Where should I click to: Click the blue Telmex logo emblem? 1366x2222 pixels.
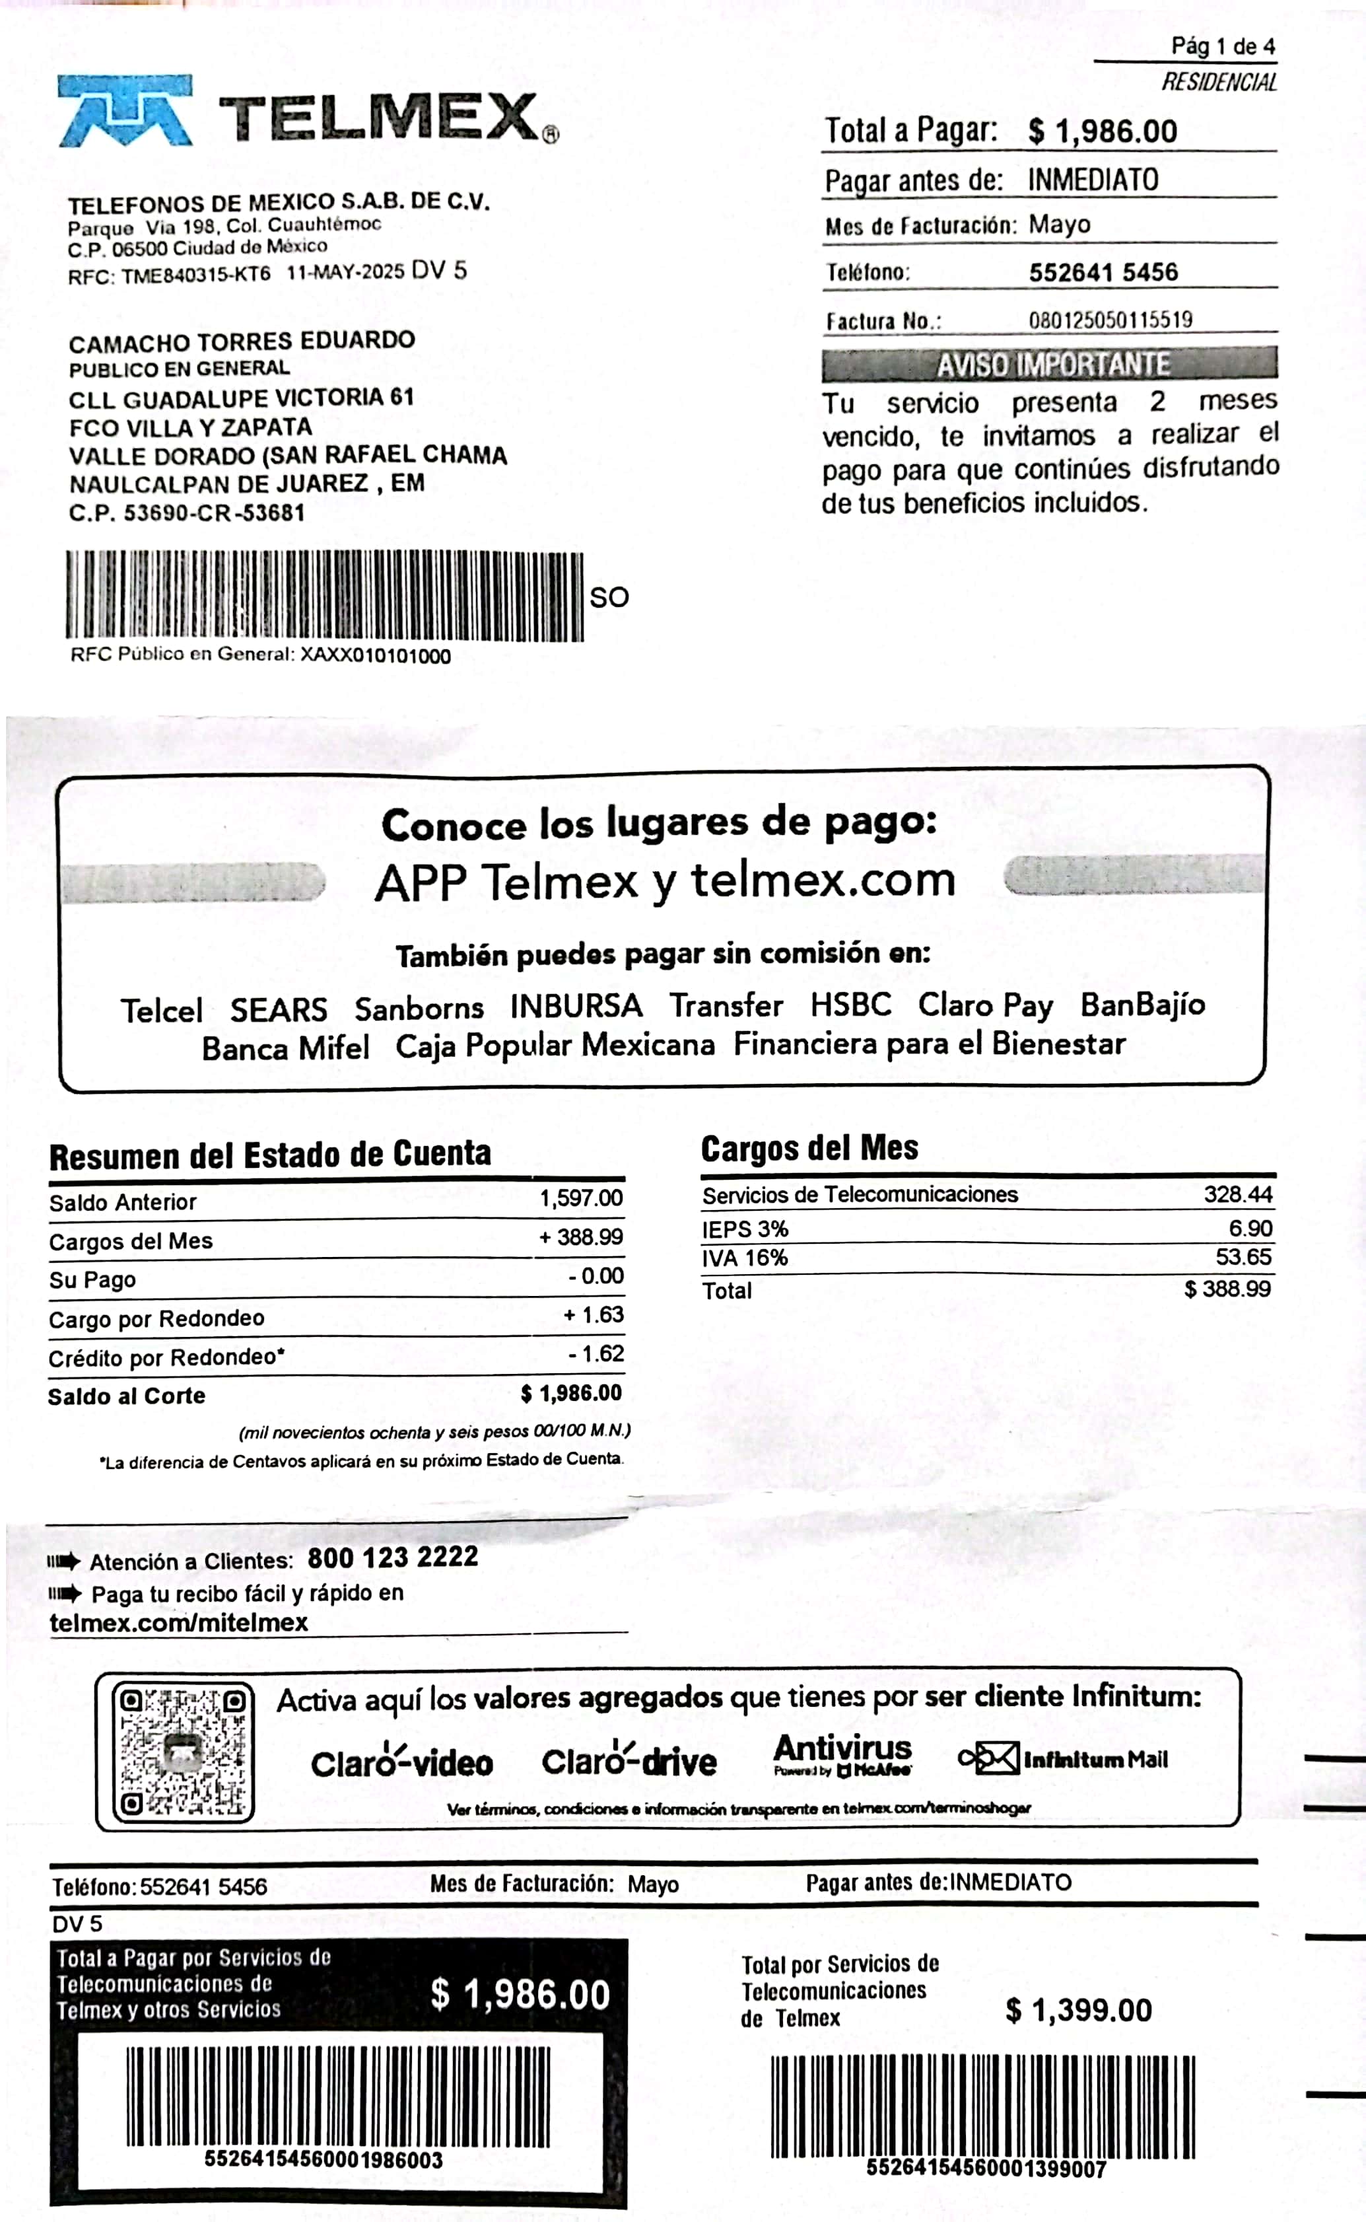(125, 111)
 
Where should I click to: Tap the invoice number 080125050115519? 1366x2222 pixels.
(1110, 320)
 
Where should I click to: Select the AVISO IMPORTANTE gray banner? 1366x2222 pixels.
(1049, 364)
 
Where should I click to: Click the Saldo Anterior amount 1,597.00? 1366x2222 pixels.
(581, 1198)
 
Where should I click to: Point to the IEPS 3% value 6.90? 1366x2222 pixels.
(1250, 1228)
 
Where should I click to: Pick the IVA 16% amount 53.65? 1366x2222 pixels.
(1243, 1257)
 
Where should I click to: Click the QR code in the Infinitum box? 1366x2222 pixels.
(182, 1753)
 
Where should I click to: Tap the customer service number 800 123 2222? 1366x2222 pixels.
(392, 1557)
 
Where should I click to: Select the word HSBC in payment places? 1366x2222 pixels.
(850, 1005)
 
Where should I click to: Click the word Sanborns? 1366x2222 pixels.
(419, 1007)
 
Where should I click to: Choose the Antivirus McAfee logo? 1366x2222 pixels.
(842, 1754)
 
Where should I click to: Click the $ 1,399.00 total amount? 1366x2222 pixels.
(1079, 2011)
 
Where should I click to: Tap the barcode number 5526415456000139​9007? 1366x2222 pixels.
(986, 2168)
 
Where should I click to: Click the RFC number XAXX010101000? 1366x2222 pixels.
(375, 656)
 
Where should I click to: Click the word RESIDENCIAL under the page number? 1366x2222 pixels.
(1219, 82)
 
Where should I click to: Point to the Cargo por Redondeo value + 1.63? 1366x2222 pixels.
(594, 1314)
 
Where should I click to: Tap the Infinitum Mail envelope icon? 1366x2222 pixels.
(989, 1758)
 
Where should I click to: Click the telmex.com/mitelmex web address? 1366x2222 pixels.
(179, 1622)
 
